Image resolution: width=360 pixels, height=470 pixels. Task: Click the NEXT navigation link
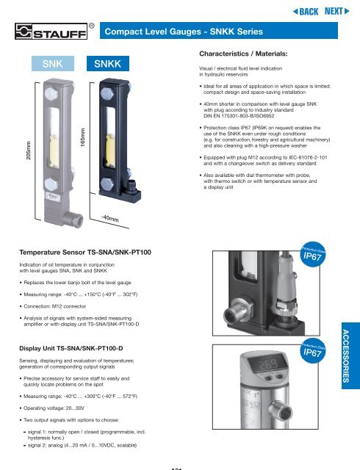[337, 12]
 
